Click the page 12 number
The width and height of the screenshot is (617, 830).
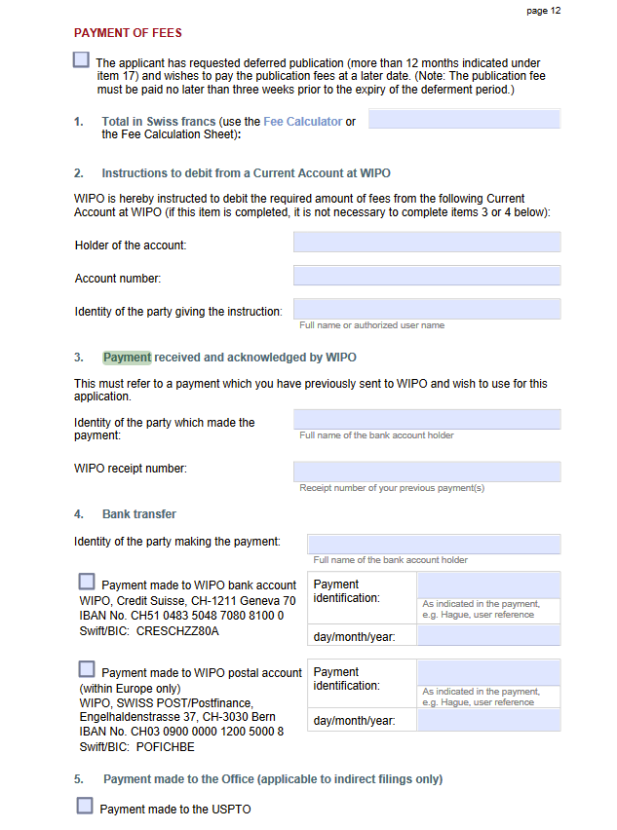pyautogui.click(x=543, y=11)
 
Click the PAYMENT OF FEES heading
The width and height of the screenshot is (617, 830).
pyautogui.click(x=128, y=33)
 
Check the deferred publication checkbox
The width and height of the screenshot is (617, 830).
pyautogui.click(x=81, y=59)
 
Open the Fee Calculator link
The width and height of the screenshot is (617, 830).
pyautogui.click(x=302, y=122)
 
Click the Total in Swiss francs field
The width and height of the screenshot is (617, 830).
pyautogui.click(x=464, y=120)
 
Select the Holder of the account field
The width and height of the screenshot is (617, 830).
pyautogui.click(x=427, y=243)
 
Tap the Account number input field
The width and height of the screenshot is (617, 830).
pyautogui.click(x=427, y=276)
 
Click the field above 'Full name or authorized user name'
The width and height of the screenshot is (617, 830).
pyautogui.click(x=427, y=309)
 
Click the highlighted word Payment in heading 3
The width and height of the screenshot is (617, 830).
pyautogui.click(x=128, y=358)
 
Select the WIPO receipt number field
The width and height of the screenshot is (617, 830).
pyautogui.click(x=427, y=472)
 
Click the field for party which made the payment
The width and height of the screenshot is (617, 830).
pyautogui.click(x=427, y=420)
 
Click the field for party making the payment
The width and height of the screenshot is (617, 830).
pyautogui.click(x=434, y=544)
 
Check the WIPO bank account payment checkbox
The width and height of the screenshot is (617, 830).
pyautogui.click(x=87, y=582)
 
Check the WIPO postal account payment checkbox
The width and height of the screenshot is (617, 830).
pyautogui.click(x=87, y=669)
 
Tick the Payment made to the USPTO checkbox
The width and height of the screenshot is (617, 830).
pyautogui.click(x=85, y=806)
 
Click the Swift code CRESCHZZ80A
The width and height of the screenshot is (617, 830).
pyautogui.click(x=177, y=630)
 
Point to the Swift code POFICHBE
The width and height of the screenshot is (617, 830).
pyautogui.click(x=165, y=747)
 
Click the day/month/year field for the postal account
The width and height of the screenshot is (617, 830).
pyautogui.click(x=488, y=721)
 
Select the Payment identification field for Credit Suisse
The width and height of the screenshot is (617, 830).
pyautogui.click(x=488, y=585)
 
